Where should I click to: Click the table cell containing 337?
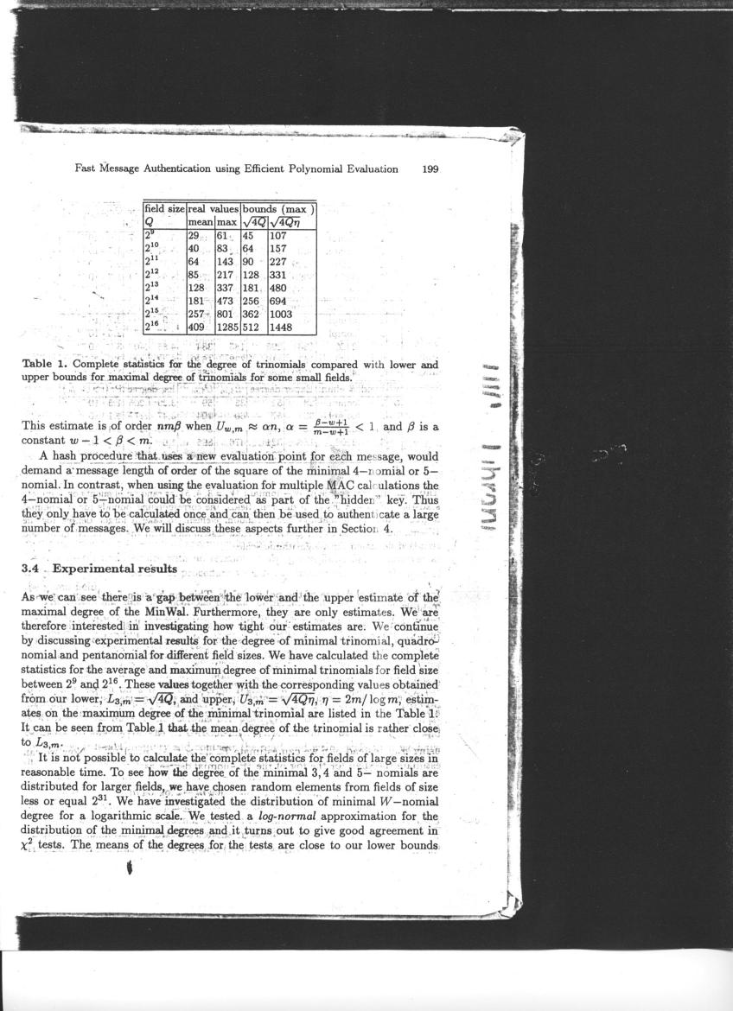226,288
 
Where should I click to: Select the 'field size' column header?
164,208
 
